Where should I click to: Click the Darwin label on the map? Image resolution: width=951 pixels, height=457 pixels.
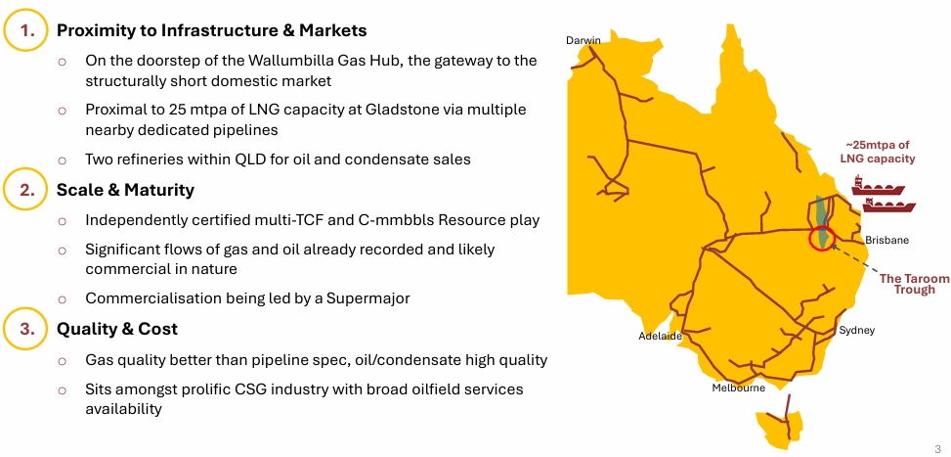[584, 41]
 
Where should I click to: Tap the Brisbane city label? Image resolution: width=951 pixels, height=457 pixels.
[886, 240]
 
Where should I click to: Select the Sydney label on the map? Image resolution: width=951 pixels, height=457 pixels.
[857, 331]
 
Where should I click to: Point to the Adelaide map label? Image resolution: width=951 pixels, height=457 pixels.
[661, 336]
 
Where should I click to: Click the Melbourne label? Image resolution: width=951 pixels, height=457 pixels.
[739, 388]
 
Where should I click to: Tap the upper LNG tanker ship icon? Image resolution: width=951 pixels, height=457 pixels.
[878, 186]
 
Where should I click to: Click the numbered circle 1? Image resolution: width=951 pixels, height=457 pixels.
[26, 30]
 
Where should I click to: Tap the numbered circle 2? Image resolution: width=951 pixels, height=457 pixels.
[26, 190]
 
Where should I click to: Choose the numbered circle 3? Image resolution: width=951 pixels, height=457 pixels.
[26, 329]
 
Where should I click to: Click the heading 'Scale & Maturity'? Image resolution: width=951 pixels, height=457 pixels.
[125, 190]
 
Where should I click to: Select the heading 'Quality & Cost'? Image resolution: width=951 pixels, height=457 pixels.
[117, 329]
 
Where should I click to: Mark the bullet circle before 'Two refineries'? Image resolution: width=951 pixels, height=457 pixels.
[62, 160]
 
